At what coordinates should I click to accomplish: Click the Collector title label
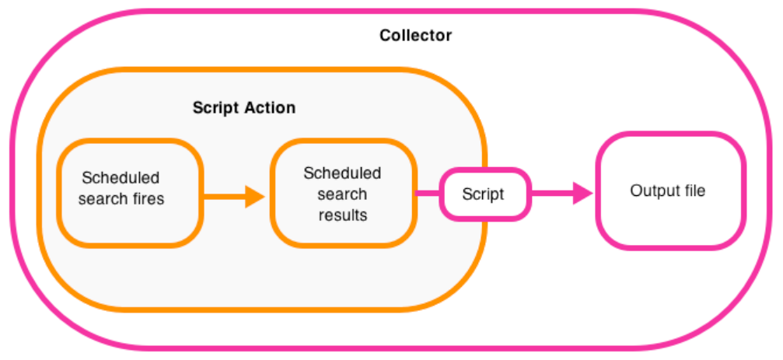pyautogui.click(x=415, y=36)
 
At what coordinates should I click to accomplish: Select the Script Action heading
pyautogui.click(x=243, y=108)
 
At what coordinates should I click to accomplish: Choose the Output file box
pyautogui.click(x=668, y=190)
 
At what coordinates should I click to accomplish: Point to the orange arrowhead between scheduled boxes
pyautogui.click(x=254, y=197)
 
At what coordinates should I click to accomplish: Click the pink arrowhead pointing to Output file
pyautogui.click(x=582, y=194)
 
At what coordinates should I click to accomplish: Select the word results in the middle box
pyautogui.click(x=342, y=215)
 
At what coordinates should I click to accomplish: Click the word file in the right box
pyautogui.click(x=692, y=190)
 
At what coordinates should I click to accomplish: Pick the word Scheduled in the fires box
pyautogui.click(x=121, y=178)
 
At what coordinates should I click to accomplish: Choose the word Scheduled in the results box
pyautogui.click(x=342, y=173)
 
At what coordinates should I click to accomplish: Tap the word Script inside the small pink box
pyautogui.click(x=483, y=194)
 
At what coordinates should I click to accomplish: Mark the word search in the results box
pyautogui.click(x=342, y=194)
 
